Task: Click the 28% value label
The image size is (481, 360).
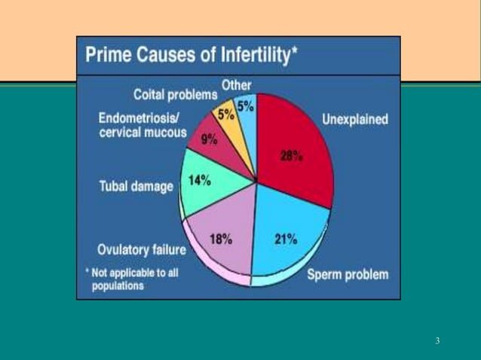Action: (291, 157)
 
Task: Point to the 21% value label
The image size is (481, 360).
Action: (284, 239)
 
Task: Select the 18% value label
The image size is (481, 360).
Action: (220, 239)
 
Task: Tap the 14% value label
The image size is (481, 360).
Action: (200, 182)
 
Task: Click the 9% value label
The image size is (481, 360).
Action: (209, 139)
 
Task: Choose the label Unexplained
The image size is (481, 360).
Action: (355, 119)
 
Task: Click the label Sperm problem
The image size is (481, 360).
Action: (348, 274)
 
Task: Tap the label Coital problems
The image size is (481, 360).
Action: (175, 95)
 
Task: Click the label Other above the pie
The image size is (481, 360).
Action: (237, 84)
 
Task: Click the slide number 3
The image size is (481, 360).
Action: (437, 341)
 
